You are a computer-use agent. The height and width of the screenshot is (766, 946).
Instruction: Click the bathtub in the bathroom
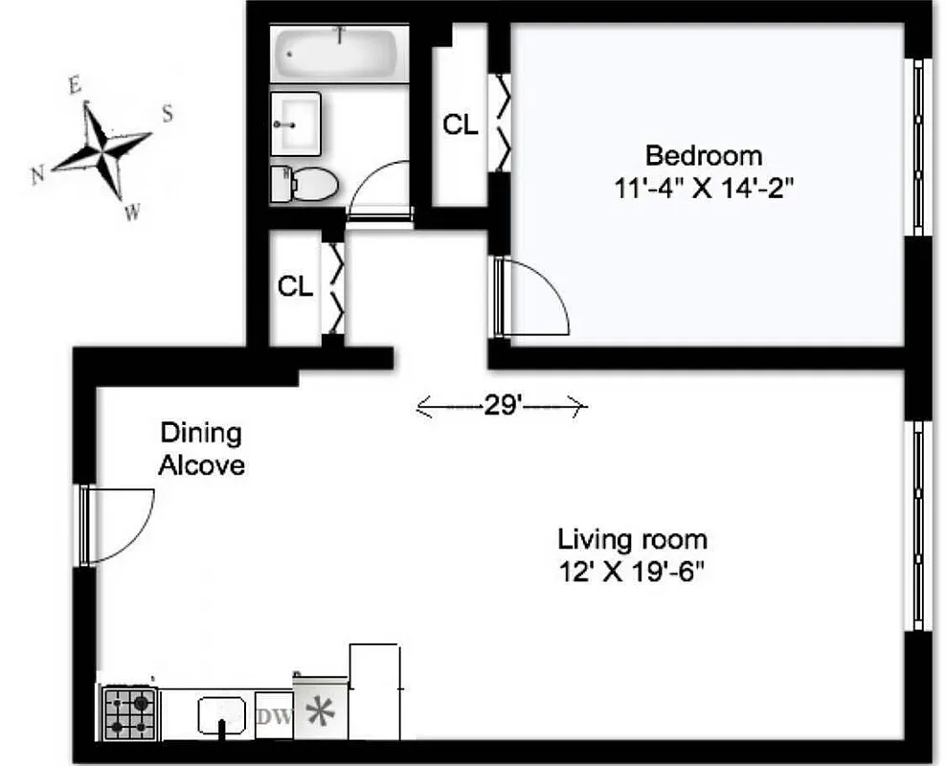(338, 54)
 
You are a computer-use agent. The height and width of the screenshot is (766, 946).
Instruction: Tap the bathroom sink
(297, 124)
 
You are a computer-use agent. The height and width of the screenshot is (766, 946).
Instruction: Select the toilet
(305, 182)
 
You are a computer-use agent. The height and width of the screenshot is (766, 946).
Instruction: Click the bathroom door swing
(379, 192)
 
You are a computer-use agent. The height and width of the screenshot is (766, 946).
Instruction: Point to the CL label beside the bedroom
(460, 125)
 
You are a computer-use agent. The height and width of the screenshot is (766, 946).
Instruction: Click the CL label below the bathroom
(295, 286)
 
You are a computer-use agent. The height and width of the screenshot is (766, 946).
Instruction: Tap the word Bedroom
(704, 155)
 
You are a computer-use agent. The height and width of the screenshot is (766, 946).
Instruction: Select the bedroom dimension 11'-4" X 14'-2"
(704, 187)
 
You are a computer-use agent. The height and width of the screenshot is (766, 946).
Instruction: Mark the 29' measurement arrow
(501, 407)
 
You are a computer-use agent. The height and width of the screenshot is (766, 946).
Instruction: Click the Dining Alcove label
(201, 449)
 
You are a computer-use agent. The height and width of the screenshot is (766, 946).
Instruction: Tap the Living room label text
(633, 539)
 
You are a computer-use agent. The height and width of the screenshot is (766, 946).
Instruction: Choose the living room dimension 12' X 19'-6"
(633, 572)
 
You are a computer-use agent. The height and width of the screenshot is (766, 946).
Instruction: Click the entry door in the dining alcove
(118, 524)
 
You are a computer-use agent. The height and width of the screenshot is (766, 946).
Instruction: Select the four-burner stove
(129, 714)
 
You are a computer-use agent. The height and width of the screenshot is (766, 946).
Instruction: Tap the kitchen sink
(223, 714)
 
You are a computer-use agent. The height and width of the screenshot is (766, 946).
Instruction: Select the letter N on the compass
(39, 174)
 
